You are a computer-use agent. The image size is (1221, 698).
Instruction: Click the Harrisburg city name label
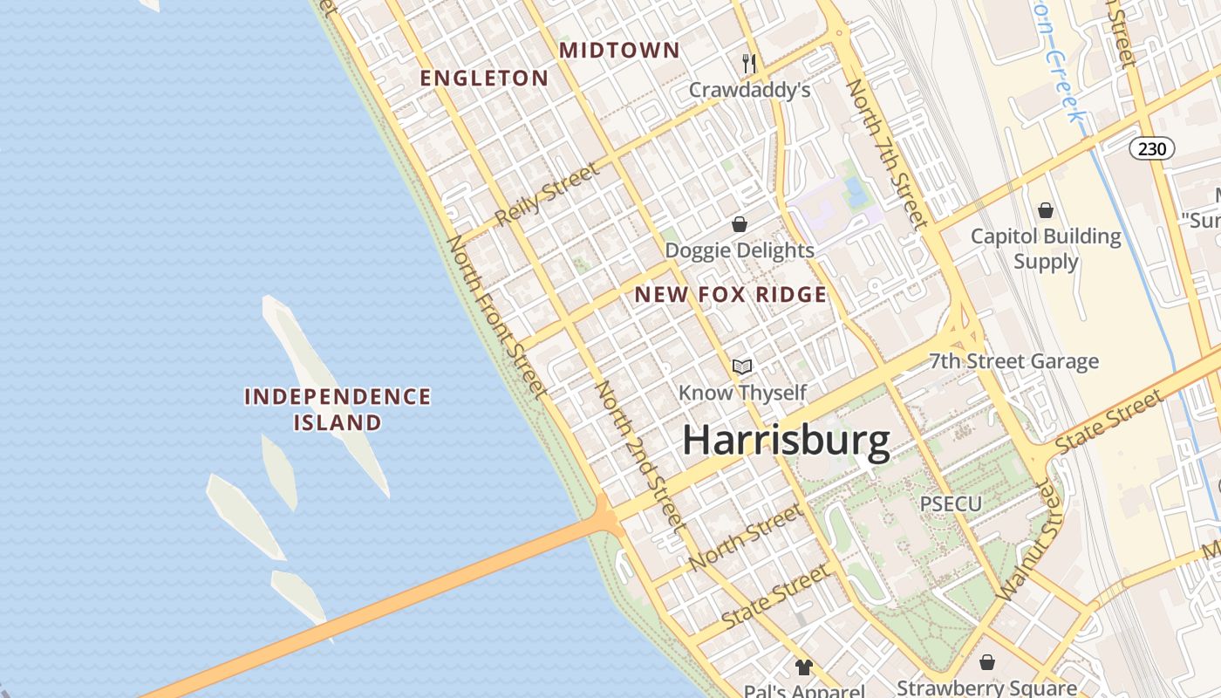pyautogui.click(x=786, y=441)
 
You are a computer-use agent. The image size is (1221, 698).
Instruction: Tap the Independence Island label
pyautogui.click(x=338, y=410)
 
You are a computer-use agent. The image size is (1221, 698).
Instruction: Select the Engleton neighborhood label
pyautogui.click(x=484, y=79)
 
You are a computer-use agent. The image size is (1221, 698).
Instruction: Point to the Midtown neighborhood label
pyautogui.click(x=619, y=51)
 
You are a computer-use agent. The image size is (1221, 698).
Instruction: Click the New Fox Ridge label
pyautogui.click(x=731, y=295)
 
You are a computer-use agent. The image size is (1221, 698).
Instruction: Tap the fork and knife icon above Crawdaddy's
pyautogui.click(x=748, y=63)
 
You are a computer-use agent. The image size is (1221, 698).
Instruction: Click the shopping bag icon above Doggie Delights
pyautogui.click(x=740, y=224)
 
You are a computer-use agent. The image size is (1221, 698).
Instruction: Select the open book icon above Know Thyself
pyautogui.click(x=742, y=366)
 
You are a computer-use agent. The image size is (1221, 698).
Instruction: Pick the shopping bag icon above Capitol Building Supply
pyautogui.click(x=1046, y=210)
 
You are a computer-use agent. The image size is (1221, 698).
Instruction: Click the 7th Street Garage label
pyautogui.click(x=1013, y=361)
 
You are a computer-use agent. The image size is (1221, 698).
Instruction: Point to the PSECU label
pyautogui.click(x=951, y=503)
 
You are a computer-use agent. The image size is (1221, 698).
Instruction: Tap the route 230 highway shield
pyautogui.click(x=1152, y=148)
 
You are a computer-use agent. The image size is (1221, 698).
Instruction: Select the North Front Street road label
pyautogui.click(x=496, y=318)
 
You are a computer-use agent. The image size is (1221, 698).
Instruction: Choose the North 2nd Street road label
pyautogui.click(x=639, y=455)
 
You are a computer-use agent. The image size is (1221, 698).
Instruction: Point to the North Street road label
pyautogui.click(x=745, y=537)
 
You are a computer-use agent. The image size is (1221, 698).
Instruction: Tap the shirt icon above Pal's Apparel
pyautogui.click(x=803, y=667)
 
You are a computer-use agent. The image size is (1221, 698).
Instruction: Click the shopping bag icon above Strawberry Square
pyautogui.click(x=987, y=663)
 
